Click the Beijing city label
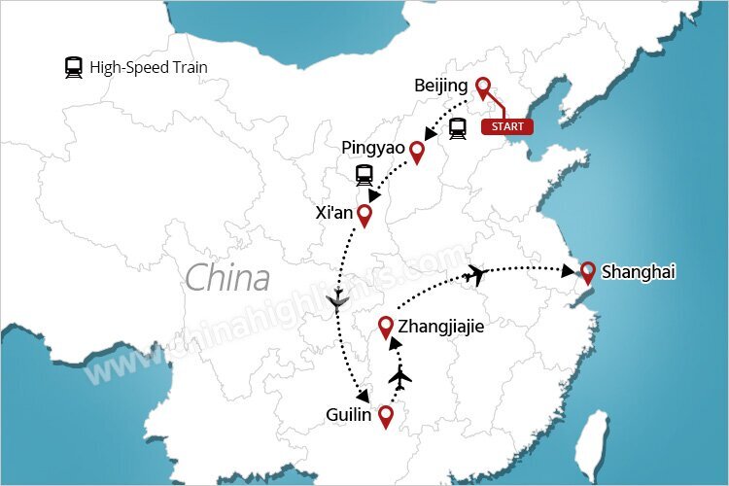click(440, 86)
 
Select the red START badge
click(506, 127)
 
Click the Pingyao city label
click(372, 147)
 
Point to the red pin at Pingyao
click(417, 152)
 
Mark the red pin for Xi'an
click(364, 216)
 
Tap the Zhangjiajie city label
click(440, 327)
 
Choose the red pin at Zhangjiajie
click(386, 328)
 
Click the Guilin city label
click(350, 415)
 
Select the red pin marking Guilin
click(386, 417)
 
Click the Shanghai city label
click(638, 272)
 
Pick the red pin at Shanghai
click(587, 273)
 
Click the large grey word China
click(226, 278)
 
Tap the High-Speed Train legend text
click(149, 68)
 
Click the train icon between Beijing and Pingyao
click(457, 128)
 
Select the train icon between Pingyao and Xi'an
click(364, 175)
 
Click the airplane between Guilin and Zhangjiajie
click(399, 376)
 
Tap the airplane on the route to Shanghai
click(475, 275)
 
